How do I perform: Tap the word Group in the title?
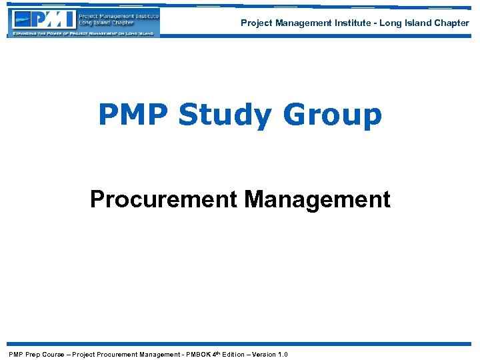[x=333, y=115]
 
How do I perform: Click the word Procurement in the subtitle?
[x=163, y=199]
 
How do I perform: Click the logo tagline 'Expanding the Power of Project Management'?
[x=83, y=33]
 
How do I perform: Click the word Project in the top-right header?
[x=255, y=23]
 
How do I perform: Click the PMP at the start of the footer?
[x=16, y=354]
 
